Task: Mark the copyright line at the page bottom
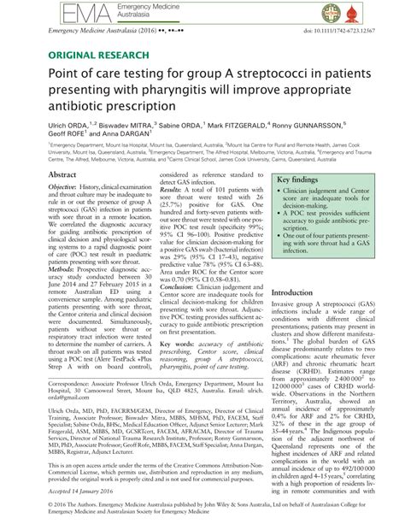pos(202,514)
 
